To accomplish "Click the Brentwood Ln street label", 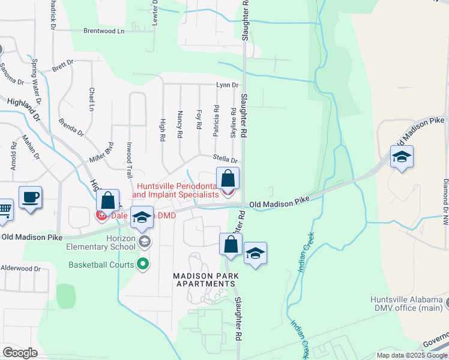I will click(103, 30).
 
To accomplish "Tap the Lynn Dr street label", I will click(227, 86).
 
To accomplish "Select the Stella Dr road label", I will click(226, 160).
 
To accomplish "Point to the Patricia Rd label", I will click(216, 120).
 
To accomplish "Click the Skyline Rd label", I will click(234, 122).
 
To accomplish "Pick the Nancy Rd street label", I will click(179, 124).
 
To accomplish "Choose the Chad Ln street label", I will click(92, 99).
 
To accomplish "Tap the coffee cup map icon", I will click(30, 196).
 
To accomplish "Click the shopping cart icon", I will click(4, 209).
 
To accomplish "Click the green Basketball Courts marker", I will click(143, 264).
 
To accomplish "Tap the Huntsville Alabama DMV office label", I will click(406, 304).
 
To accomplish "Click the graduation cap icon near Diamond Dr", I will click(402, 157).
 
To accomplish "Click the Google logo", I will click(20, 353).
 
